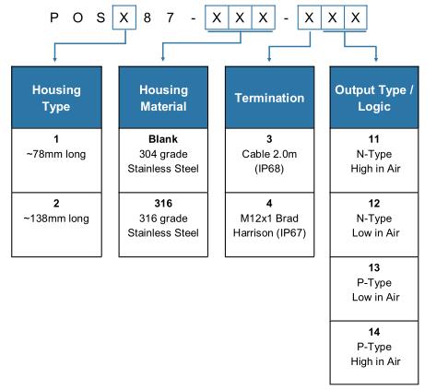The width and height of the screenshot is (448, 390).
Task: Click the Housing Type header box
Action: (56, 98)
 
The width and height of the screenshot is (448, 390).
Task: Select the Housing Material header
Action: (163, 98)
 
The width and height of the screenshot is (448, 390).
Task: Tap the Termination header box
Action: (269, 98)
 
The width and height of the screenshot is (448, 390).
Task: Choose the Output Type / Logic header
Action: (374, 98)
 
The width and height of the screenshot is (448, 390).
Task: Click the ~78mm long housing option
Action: (56, 160)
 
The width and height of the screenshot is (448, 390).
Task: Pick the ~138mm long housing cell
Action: (56, 225)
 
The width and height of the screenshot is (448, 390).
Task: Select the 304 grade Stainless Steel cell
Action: (163, 160)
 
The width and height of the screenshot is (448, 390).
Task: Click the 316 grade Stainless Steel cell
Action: (163, 225)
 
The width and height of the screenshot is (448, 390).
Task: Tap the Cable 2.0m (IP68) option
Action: (269, 160)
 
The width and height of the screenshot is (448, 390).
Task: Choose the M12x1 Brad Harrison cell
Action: (269, 225)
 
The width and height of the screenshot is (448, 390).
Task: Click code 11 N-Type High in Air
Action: (374, 160)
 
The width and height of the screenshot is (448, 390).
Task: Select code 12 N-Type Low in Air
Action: (374, 225)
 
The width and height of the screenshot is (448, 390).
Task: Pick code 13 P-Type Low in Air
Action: (374, 289)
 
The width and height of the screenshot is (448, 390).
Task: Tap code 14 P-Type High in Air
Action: (374, 352)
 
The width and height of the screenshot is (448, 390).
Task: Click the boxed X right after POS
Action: (124, 18)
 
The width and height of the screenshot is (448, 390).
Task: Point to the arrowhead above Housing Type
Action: (54, 59)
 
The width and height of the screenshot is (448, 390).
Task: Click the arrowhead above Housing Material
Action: (163, 58)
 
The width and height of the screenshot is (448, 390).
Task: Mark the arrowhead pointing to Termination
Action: (269, 59)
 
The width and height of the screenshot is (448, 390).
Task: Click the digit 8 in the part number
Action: (147, 18)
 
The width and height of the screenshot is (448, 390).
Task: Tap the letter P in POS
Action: (54, 18)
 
